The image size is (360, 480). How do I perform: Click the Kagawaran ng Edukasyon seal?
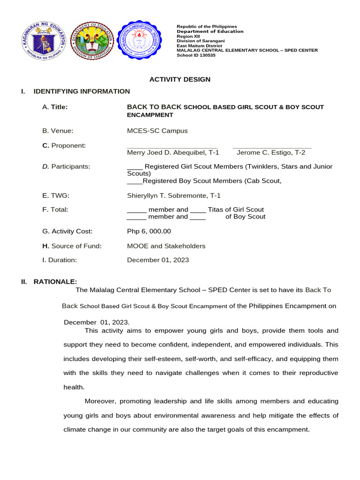click(x=43, y=41)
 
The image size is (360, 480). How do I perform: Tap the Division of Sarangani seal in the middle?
click(x=92, y=41)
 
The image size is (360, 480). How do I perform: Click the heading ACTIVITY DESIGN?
click(x=180, y=79)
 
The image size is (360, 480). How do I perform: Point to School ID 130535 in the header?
click(x=196, y=55)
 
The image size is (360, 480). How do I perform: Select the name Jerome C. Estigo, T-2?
click(x=271, y=152)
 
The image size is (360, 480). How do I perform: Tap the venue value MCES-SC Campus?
click(x=157, y=131)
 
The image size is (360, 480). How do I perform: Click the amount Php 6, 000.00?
click(x=149, y=231)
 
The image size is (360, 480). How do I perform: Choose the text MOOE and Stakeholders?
click(x=166, y=246)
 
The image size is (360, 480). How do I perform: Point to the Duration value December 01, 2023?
click(x=158, y=260)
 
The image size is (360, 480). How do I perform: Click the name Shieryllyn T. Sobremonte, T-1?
click(x=173, y=195)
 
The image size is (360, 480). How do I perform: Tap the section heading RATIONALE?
click(x=55, y=281)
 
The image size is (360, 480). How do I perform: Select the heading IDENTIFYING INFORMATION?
click(x=82, y=91)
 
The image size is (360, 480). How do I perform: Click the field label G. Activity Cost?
click(x=67, y=231)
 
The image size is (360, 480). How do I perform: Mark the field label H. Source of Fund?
click(x=72, y=246)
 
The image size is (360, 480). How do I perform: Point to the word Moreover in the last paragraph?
click(x=100, y=401)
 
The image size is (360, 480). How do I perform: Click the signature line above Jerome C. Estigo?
click(x=272, y=148)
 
